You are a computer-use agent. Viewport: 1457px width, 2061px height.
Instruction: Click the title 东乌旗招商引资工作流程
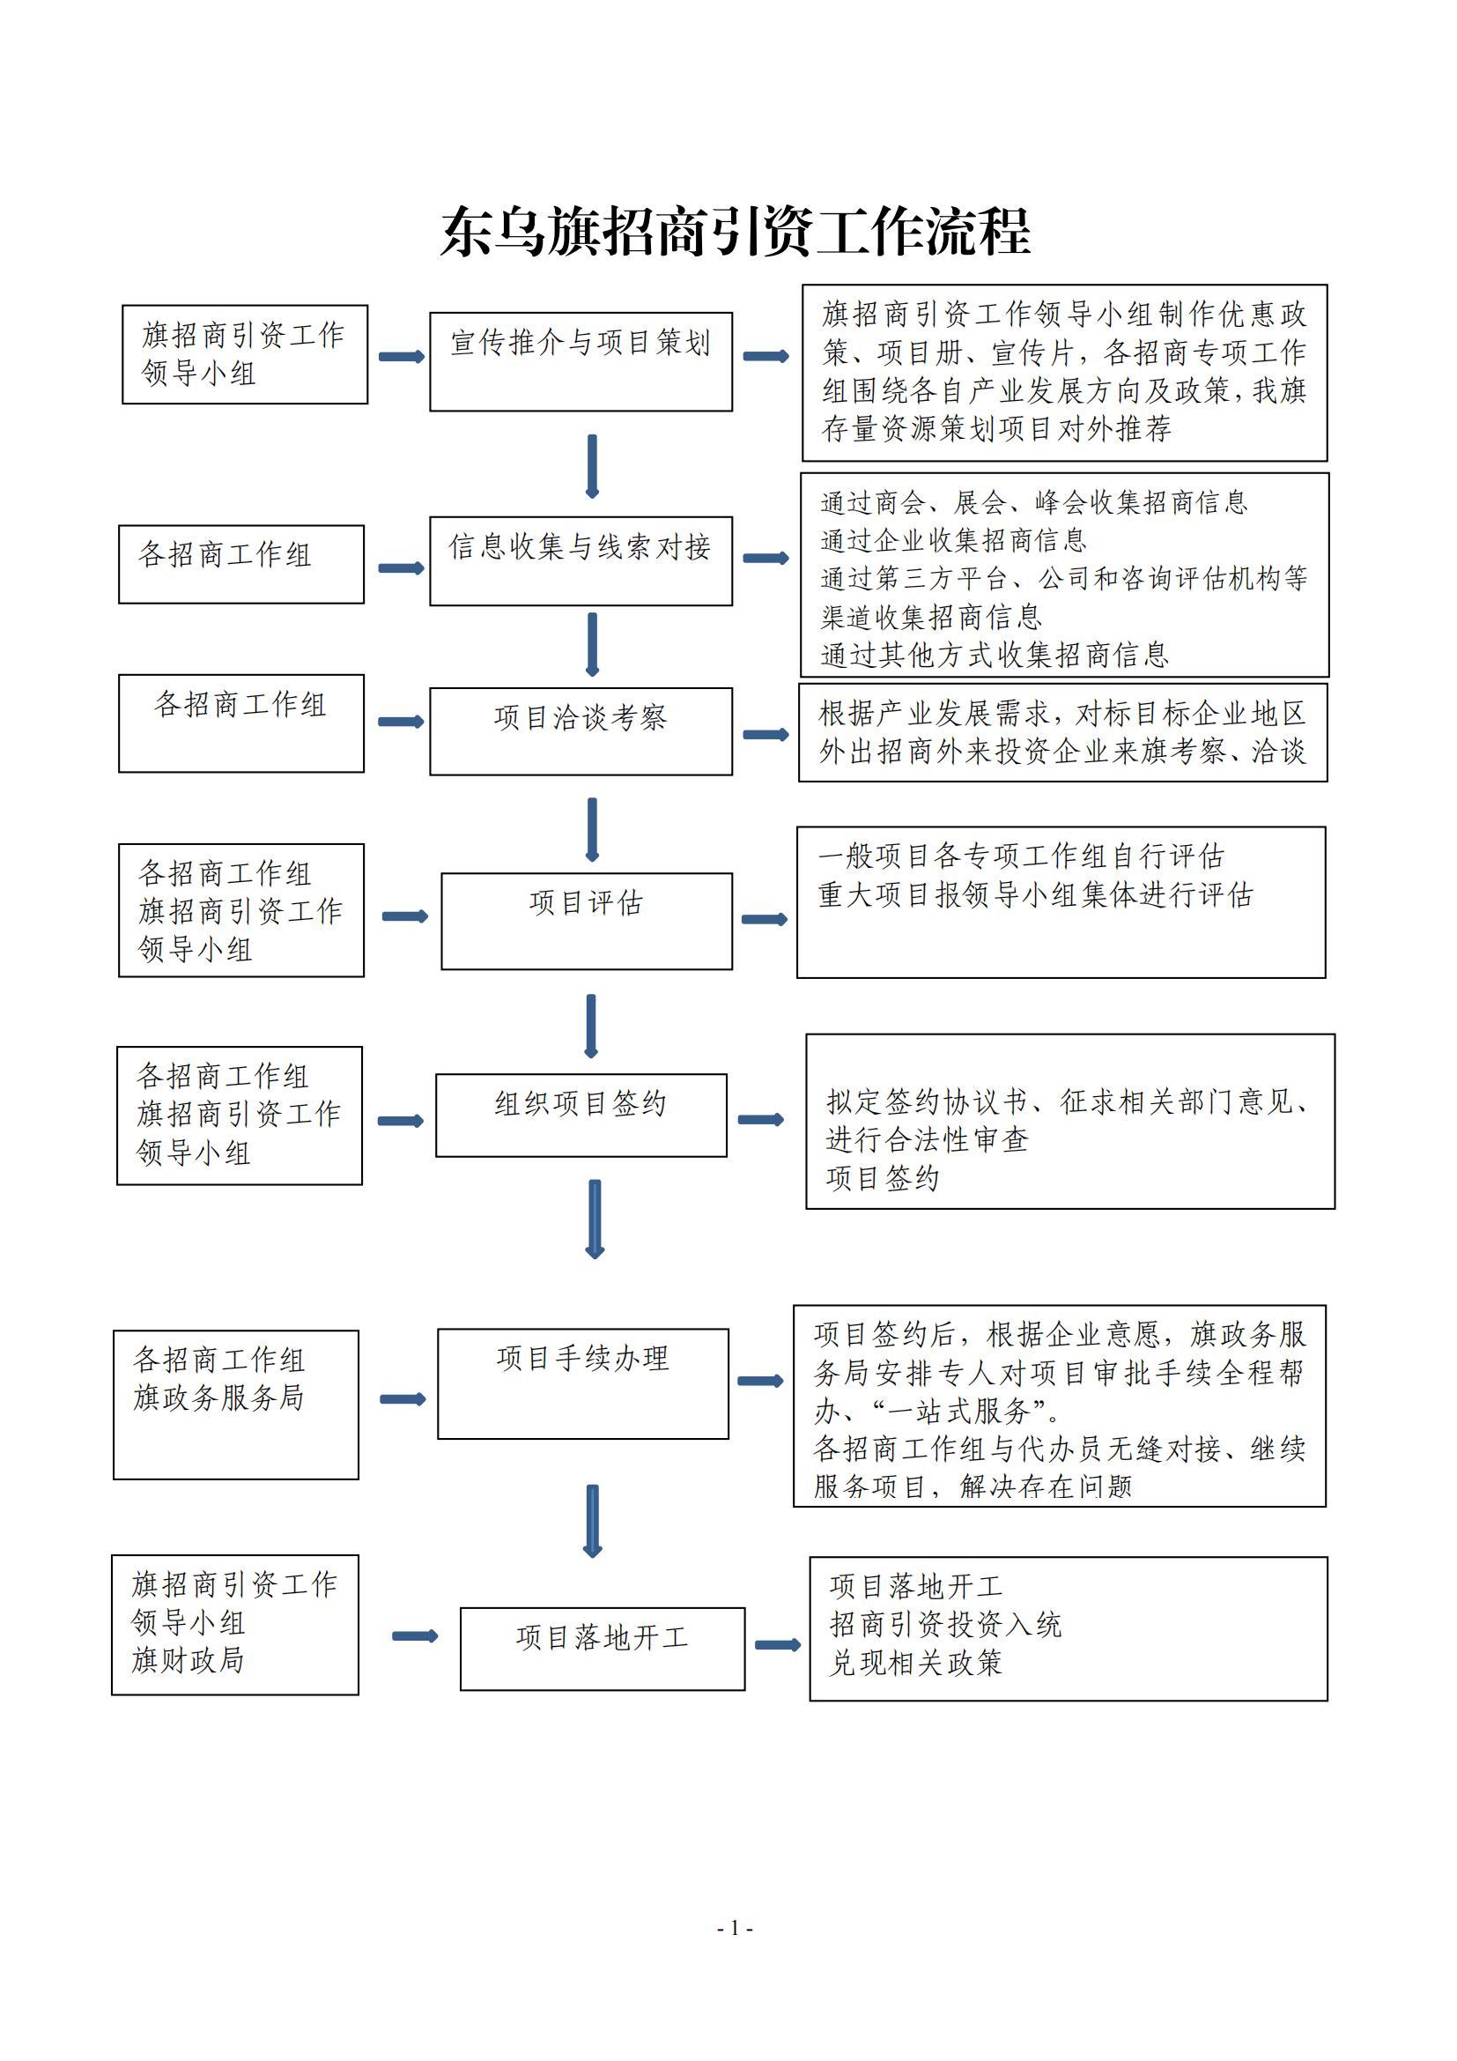pyautogui.click(x=735, y=232)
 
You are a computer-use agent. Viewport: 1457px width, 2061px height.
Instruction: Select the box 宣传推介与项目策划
pyautogui.click(x=581, y=362)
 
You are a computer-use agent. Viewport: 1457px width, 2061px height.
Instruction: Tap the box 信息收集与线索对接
pyautogui.click(x=581, y=561)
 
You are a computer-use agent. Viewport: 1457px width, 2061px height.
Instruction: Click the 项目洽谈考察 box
pyautogui.click(x=581, y=731)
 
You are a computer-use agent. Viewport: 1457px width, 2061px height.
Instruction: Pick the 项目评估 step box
pyautogui.click(x=587, y=921)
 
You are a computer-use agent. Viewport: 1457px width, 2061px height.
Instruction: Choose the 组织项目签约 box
pyautogui.click(x=581, y=1115)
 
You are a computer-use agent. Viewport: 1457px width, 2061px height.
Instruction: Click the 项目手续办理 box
pyautogui.click(x=583, y=1383)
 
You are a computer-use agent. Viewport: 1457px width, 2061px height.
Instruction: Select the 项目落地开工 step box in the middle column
pyautogui.click(x=603, y=1649)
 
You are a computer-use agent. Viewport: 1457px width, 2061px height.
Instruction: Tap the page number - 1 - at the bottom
pyautogui.click(x=735, y=1928)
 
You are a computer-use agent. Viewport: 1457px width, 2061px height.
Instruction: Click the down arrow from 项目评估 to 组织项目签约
pyautogui.click(x=590, y=1026)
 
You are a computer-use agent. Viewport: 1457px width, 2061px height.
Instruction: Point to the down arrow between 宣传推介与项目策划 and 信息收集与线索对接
pyautogui.click(x=591, y=466)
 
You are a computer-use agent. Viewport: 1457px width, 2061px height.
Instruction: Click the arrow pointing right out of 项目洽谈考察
pyautogui.click(x=765, y=735)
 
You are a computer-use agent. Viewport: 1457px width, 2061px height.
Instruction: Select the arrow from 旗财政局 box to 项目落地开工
pyautogui.click(x=416, y=1636)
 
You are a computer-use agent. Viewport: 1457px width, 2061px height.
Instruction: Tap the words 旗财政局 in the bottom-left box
pyautogui.click(x=189, y=1661)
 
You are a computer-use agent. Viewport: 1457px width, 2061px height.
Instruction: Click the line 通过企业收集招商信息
pyautogui.click(x=953, y=540)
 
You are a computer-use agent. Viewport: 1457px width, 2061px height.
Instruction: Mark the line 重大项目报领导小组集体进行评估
pyautogui.click(x=1035, y=895)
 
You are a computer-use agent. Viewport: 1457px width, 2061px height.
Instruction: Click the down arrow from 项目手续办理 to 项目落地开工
pyautogui.click(x=592, y=1522)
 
